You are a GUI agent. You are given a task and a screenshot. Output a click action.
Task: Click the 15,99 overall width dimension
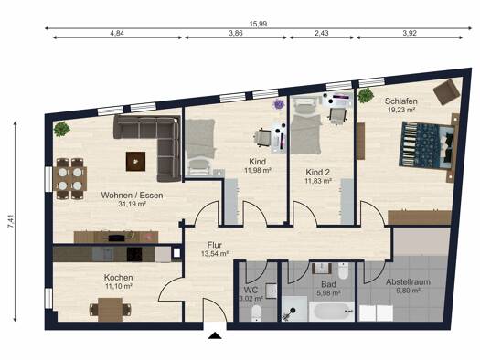(x=258, y=24)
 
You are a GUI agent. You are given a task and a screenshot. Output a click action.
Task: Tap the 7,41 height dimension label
(x=10, y=221)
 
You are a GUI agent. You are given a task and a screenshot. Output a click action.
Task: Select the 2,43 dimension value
(x=322, y=33)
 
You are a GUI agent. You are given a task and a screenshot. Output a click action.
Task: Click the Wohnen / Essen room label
(x=132, y=196)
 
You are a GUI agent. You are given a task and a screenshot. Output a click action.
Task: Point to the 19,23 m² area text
(x=401, y=110)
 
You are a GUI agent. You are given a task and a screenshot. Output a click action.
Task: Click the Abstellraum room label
(x=408, y=282)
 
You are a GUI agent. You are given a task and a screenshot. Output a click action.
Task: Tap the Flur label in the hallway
(x=215, y=245)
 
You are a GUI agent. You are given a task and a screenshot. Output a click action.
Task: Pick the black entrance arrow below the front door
(x=215, y=335)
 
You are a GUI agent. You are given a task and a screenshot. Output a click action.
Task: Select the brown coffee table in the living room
(x=135, y=162)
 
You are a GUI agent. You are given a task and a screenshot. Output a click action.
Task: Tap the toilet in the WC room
(x=257, y=312)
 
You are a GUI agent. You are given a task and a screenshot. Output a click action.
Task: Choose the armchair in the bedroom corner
(x=447, y=91)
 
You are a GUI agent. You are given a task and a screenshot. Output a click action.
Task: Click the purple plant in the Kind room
(x=279, y=104)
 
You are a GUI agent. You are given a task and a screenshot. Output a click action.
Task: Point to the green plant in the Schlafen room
(x=366, y=95)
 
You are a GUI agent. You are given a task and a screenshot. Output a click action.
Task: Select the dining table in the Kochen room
(x=111, y=310)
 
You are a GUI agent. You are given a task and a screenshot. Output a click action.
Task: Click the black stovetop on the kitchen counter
(x=134, y=255)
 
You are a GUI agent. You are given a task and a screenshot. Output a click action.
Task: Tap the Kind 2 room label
(x=318, y=172)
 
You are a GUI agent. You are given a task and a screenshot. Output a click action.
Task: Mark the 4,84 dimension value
(x=117, y=33)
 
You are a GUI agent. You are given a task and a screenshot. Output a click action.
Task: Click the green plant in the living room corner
(x=61, y=129)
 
